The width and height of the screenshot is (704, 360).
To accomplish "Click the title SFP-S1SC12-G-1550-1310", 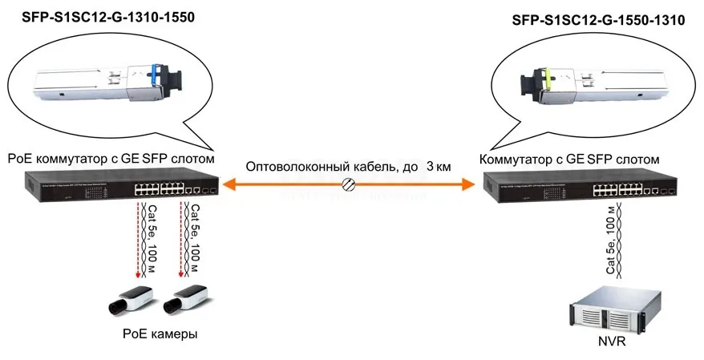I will pyautogui.click(x=597, y=22).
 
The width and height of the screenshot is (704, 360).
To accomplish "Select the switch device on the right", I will pyautogui.click(x=581, y=188).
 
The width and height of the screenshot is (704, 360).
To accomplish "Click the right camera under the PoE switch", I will pyautogui.click(x=183, y=300).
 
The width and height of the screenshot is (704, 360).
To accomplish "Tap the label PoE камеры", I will pyautogui.click(x=160, y=334).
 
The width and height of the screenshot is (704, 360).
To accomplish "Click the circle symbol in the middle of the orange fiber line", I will pyautogui.click(x=349, y=185).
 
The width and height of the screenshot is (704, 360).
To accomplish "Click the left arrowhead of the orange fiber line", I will pyautogui.click(x=228, y=185).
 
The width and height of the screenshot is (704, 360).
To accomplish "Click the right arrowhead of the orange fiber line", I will pyautogui.click(x=469, y=185).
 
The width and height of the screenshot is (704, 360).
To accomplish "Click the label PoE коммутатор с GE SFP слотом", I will pyautogui.click(x=110, y=159).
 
